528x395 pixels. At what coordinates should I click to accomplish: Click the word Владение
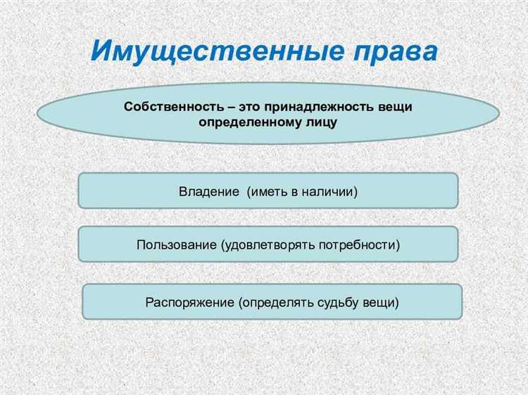[209, 190]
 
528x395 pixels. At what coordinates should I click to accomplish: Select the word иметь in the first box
[267, 190]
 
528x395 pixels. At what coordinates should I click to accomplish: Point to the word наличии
[329, 190]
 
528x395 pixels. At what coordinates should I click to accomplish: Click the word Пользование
[176, 245]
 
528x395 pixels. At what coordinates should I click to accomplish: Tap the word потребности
[357, 245]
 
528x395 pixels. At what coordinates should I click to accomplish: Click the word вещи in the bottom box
[381, 303]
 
